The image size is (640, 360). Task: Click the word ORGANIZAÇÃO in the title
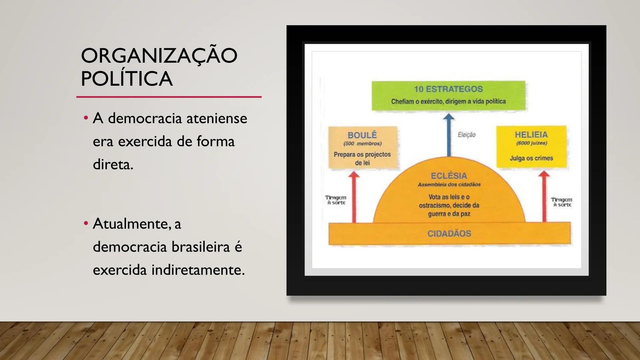click(159, 56)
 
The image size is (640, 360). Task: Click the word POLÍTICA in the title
click(127, 79)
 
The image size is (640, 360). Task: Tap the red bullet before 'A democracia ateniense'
click(86, 118)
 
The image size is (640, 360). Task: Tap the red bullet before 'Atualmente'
click(86, 223)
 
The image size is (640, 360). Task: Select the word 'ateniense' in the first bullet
click(217, 118)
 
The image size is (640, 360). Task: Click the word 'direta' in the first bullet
click(112, 164)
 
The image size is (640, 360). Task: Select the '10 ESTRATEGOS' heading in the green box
click(448, 89)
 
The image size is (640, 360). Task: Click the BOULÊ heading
click(362, 135)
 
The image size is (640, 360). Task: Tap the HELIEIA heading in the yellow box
click(531, 134)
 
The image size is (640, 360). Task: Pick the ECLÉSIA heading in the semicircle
click(449, 176)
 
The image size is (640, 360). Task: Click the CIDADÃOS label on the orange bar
click(449, 233)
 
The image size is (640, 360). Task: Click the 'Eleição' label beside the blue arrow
click(467, 135)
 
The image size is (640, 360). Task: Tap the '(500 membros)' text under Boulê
click(362, 144)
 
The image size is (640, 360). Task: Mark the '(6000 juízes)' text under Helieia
click(532, 143)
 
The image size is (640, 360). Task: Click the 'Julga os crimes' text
click(531, 158)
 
